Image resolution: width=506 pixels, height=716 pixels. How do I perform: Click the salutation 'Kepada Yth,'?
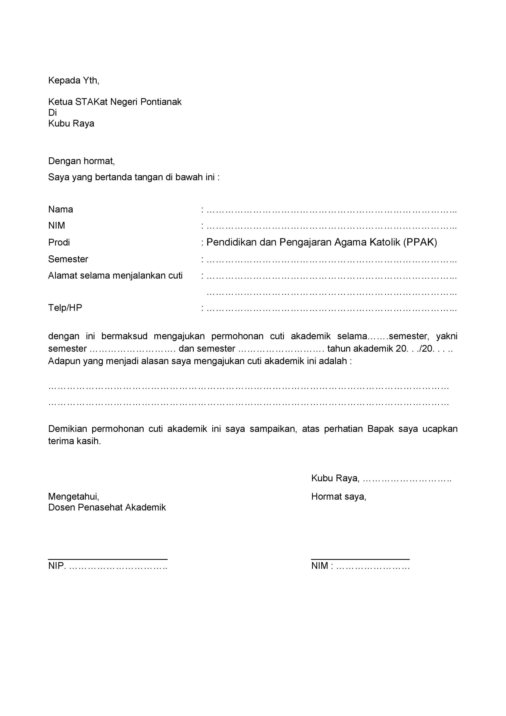(x=73, y=81)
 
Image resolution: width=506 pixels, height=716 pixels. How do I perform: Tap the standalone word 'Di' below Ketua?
(x=52, y=113)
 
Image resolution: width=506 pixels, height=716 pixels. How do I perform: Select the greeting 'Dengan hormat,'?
(x=81, y=161)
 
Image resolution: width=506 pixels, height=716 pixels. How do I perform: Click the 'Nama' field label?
(x=60, y=209)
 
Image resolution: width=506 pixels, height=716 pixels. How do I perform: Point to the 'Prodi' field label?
(x=59, y=242)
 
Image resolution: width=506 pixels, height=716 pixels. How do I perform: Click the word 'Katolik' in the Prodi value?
(x=385, y=242)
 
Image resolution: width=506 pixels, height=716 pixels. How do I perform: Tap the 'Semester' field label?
(x=68, y=259)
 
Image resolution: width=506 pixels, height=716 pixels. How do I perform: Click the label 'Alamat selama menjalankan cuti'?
(x=115, y=276)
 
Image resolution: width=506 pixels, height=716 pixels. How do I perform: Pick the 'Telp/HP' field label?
(x=65, y=308)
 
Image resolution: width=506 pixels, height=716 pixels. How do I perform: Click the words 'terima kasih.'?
(x=75, y=441)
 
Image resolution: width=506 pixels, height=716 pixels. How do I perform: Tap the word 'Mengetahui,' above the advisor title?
(x=73, y=496)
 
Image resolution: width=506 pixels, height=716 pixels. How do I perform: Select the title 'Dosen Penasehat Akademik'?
(x=107, y=507)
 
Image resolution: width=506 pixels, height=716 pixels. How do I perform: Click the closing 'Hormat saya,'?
(x=338, y=496)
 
